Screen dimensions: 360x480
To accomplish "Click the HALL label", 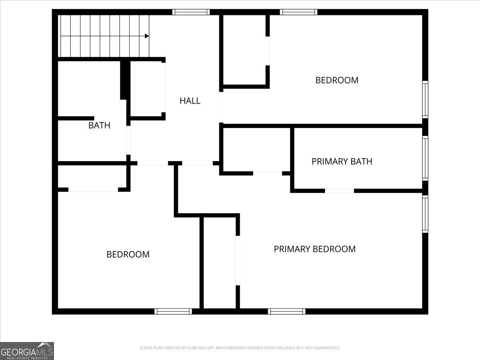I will click(190, 101).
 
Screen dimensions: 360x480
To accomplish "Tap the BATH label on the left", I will click(99, 126).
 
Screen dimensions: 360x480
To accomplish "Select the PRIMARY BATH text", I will click(342, 162).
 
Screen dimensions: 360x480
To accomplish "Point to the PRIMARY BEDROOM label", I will click(314, 249).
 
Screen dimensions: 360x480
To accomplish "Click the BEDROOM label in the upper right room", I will click(337, 80).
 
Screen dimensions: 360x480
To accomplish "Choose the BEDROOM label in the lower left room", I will click(128, 254).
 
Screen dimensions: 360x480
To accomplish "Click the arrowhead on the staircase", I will click(147, 36).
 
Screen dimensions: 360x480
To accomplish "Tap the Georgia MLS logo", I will click(27, 351).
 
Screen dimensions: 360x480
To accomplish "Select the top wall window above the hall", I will click(191, 12).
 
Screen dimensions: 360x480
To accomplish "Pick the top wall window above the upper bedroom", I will click(298, 12).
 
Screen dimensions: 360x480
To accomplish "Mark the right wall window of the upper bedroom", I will click(425, 100).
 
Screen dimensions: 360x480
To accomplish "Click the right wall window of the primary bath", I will click(425, 158).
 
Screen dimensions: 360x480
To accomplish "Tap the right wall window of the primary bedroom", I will click(425, 214).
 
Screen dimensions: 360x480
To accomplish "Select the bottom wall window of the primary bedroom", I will click(286, 311).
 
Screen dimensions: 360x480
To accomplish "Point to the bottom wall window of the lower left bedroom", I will click(173, 311).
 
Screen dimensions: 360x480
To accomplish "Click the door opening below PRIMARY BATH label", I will click(339, 191).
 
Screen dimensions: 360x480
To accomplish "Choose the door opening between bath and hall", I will click(128, 140).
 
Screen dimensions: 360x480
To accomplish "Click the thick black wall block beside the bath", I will click(124, 79).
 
